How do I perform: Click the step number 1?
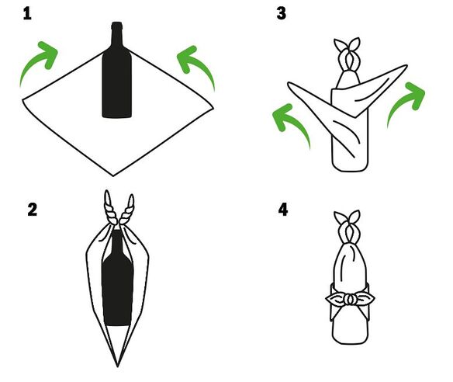[x=27, y=14]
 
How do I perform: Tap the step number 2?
[x=33, y=210]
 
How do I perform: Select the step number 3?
[x=281, y=14]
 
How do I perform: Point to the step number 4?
[x=283, y=210]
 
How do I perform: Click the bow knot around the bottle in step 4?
[x=350, y=300]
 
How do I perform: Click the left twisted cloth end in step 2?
[x=110, y=208]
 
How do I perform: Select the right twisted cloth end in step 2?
[x=127, y=210]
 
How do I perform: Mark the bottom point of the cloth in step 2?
[x=118, y=366]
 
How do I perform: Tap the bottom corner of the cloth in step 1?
[x=113, y=175]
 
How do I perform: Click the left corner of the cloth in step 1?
[x=23, y=100]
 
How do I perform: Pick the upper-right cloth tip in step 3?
[x=406, y=66]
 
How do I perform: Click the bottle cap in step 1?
[x=116, y=26]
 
